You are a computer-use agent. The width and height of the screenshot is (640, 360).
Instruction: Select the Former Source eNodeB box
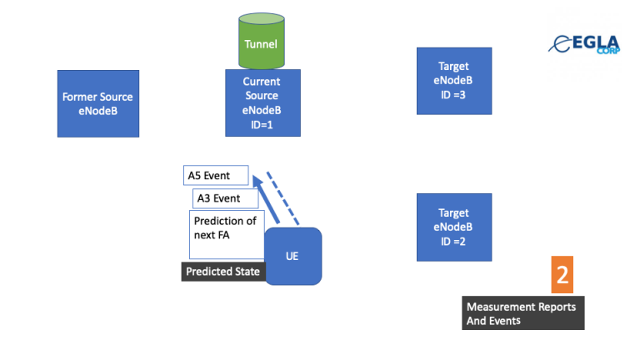[x=97, y=102]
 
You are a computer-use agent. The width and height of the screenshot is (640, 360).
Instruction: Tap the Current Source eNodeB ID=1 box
[x=262, y=102]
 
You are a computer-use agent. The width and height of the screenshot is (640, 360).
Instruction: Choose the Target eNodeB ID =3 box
[x=453, y=81]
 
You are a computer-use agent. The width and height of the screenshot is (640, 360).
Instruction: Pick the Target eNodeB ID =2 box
[x=453, y=227]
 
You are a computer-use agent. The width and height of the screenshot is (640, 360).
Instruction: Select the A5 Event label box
[x=216, y=175]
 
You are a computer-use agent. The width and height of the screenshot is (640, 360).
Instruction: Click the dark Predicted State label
[x=223, y=272]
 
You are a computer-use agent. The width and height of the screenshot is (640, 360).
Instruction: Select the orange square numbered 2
[x=562, y=275]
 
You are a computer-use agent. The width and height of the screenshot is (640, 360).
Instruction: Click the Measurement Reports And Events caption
[x=522, y=313]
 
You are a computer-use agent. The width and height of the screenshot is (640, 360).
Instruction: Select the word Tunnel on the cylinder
[x=261, y=44]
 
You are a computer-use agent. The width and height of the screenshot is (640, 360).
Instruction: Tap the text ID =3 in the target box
[x=453, y=95]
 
